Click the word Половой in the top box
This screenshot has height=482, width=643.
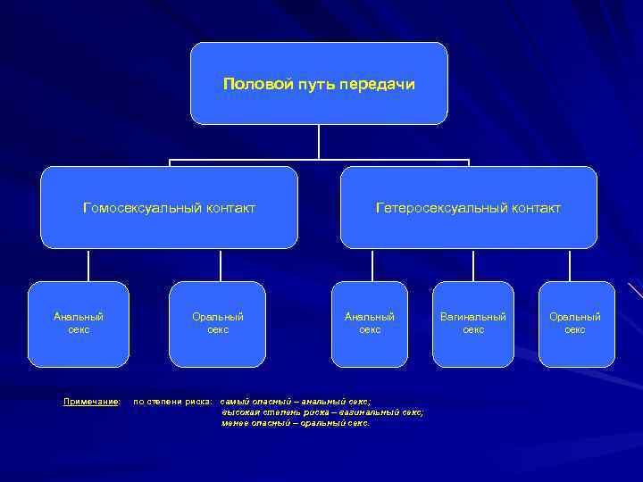pyautogui.click(x=250, y=85)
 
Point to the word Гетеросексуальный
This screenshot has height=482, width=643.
pyautogui.click(x=430, y=208)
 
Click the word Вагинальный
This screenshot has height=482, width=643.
pyautogui.click(x=473, y=317)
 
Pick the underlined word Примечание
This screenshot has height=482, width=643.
pyautogui.click(x=92, y=402)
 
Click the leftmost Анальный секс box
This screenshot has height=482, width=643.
pyautogui.click(x=79, y=324)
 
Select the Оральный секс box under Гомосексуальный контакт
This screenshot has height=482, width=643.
pyautogui.click(x=218, y=324)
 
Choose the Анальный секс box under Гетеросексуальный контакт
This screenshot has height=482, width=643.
pyautogui.click(x=370, y=324)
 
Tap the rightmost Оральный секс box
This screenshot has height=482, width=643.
pyautogui.click(x=575, y=324)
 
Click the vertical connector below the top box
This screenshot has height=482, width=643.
pyautogui.click(x=319, y=143)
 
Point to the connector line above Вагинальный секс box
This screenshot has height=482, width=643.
pyautogui.click(x=473, y=265)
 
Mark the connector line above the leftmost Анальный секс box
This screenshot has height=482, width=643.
pyautogui.click(x=88, y=265)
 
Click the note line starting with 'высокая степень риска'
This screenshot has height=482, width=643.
pyautogui.click(x=322, y=412)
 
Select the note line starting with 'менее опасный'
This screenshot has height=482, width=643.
pyautogui.click(x=296, y=423)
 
